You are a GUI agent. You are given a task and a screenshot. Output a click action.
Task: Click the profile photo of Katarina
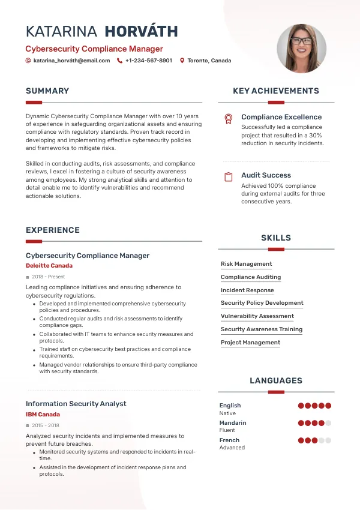(x=301, y=49)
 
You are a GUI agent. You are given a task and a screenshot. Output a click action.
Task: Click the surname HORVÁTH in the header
(x=141, y=32)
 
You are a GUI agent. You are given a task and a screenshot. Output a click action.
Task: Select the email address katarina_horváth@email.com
(x=71, y=61)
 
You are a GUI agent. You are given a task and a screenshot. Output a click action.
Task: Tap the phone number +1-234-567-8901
(x=148, y=61)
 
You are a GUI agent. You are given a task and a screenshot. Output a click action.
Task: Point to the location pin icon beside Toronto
(x=182, y=61)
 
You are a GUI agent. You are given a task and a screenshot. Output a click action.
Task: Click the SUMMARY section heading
(x=47, y=91)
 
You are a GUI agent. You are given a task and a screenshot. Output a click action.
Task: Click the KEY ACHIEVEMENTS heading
(x=276, y=91)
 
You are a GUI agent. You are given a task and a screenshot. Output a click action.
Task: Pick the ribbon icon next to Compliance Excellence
(x=228, y=118)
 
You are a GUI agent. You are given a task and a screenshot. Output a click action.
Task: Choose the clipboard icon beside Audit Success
(x=228, y=177)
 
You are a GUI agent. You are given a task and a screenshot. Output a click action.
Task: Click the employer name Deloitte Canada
(x=49, y=266)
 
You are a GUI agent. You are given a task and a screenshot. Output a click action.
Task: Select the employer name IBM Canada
(x=43, y=415)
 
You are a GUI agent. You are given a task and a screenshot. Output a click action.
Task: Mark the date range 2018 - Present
(x=48, y=277)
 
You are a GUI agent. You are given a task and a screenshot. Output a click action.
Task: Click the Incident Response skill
(x=247, y=290)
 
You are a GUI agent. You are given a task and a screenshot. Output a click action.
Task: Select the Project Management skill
(x=250, y=343)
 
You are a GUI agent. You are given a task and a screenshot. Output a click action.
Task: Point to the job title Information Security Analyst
(x=76, y=404)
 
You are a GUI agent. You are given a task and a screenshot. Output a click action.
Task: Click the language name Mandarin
(x=233, y=423)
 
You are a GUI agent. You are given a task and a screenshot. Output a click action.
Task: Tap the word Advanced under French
(x=232, y=448)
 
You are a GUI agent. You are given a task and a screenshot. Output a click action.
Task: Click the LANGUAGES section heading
(x=276, y=380)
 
